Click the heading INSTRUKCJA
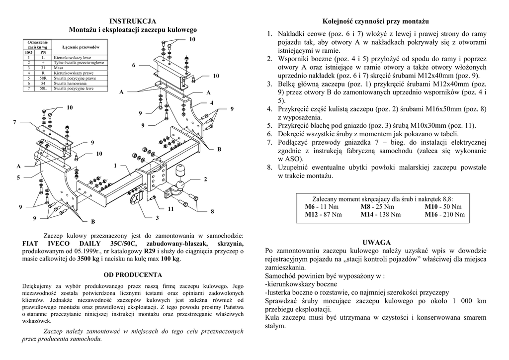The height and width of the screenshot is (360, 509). tap(133, 21)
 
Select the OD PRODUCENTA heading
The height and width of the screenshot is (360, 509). tap(133, 274)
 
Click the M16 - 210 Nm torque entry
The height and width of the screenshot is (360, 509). tap(444, 214)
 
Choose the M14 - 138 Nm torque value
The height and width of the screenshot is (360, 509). tap(381, 214)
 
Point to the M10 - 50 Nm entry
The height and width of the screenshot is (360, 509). tap(443, 206)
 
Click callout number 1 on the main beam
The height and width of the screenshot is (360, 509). tap(115, 165)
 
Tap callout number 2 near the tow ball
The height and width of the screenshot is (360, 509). tap(205, 179)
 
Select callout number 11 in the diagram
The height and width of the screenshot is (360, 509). tap(170, 209)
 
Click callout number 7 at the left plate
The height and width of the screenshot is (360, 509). tap(15, 122)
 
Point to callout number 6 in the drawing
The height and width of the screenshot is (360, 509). tap(133, 66)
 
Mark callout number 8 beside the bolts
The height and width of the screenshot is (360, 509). tap(212, 211)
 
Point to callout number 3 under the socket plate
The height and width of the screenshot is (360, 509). tap(157, 218)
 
